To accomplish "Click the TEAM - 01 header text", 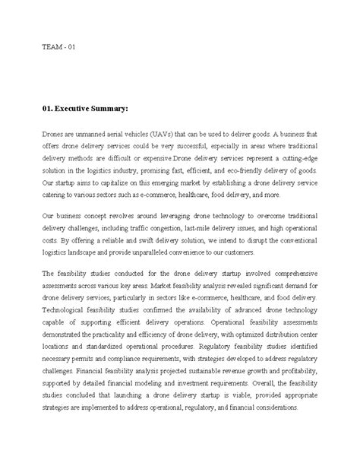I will click(x=58, y=47).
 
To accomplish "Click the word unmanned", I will click(x=94, y=133).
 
